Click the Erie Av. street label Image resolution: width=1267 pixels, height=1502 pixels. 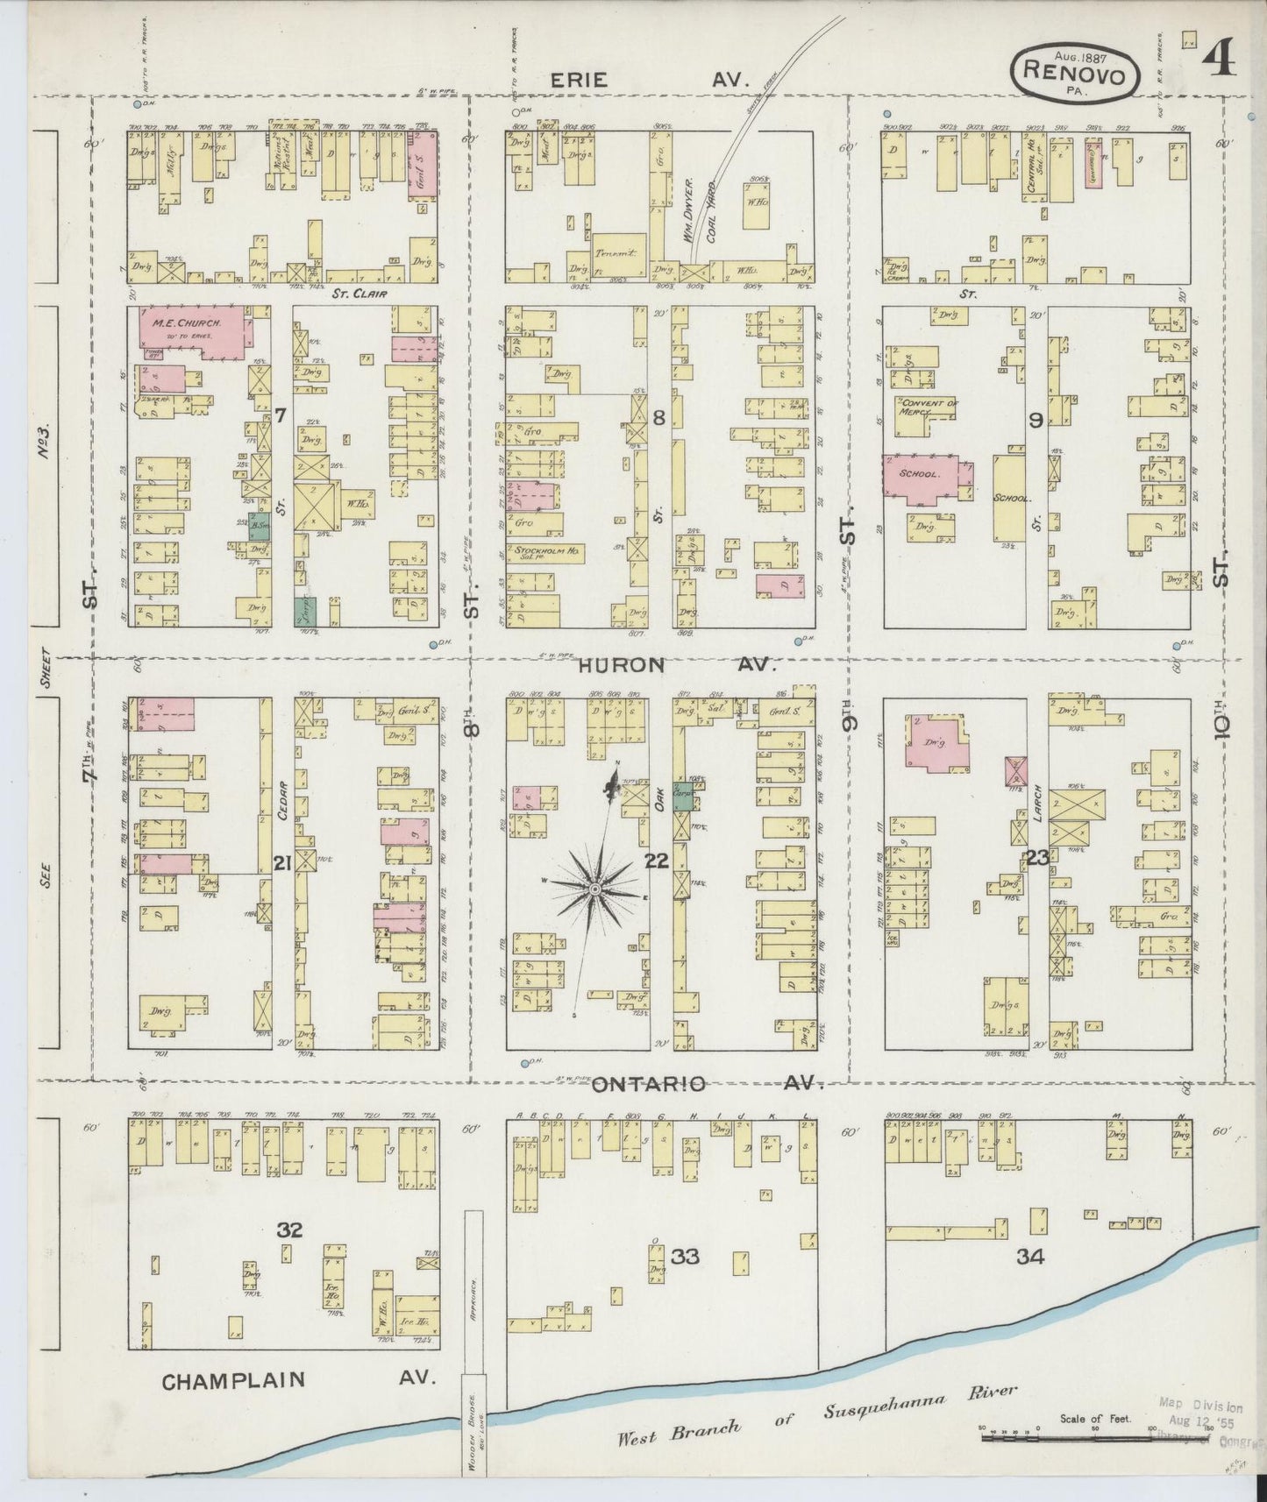(x=650, y=80)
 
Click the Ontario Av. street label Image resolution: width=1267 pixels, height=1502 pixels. (x=705, y=1084)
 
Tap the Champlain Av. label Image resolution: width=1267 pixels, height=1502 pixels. (x=298, y=1380)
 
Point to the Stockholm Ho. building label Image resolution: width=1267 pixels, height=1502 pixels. (x=544, y=554)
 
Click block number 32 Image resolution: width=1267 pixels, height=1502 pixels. (x=290, y=1230)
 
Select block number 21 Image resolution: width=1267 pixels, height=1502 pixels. (x=281, y=864)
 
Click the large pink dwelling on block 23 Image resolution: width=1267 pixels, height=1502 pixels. (x=937, y=743)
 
